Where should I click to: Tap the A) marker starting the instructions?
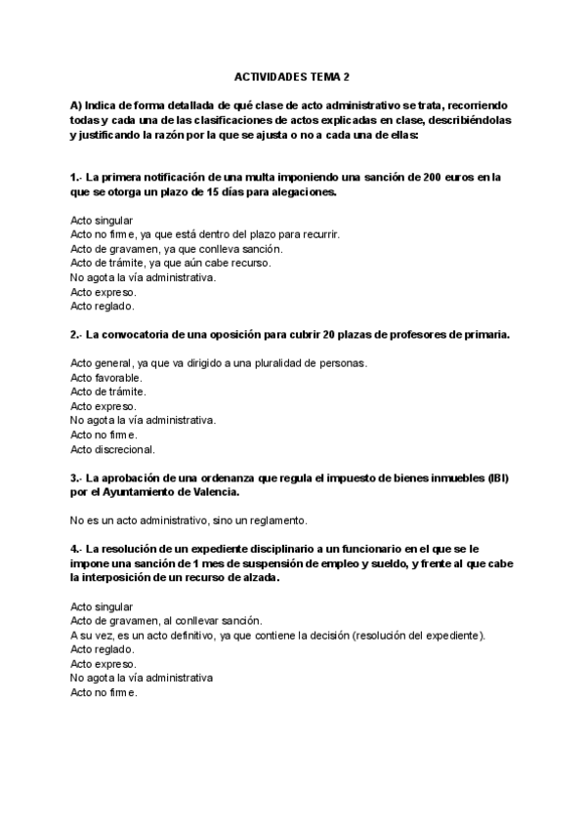pyautogui.click(x=76, y=104)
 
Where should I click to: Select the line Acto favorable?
pyautogui.click(x=106, y=377)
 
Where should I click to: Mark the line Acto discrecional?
pyautogui.click(x=112, y=450)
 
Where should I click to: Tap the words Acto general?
pyautogui.click(x=102, y=362)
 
